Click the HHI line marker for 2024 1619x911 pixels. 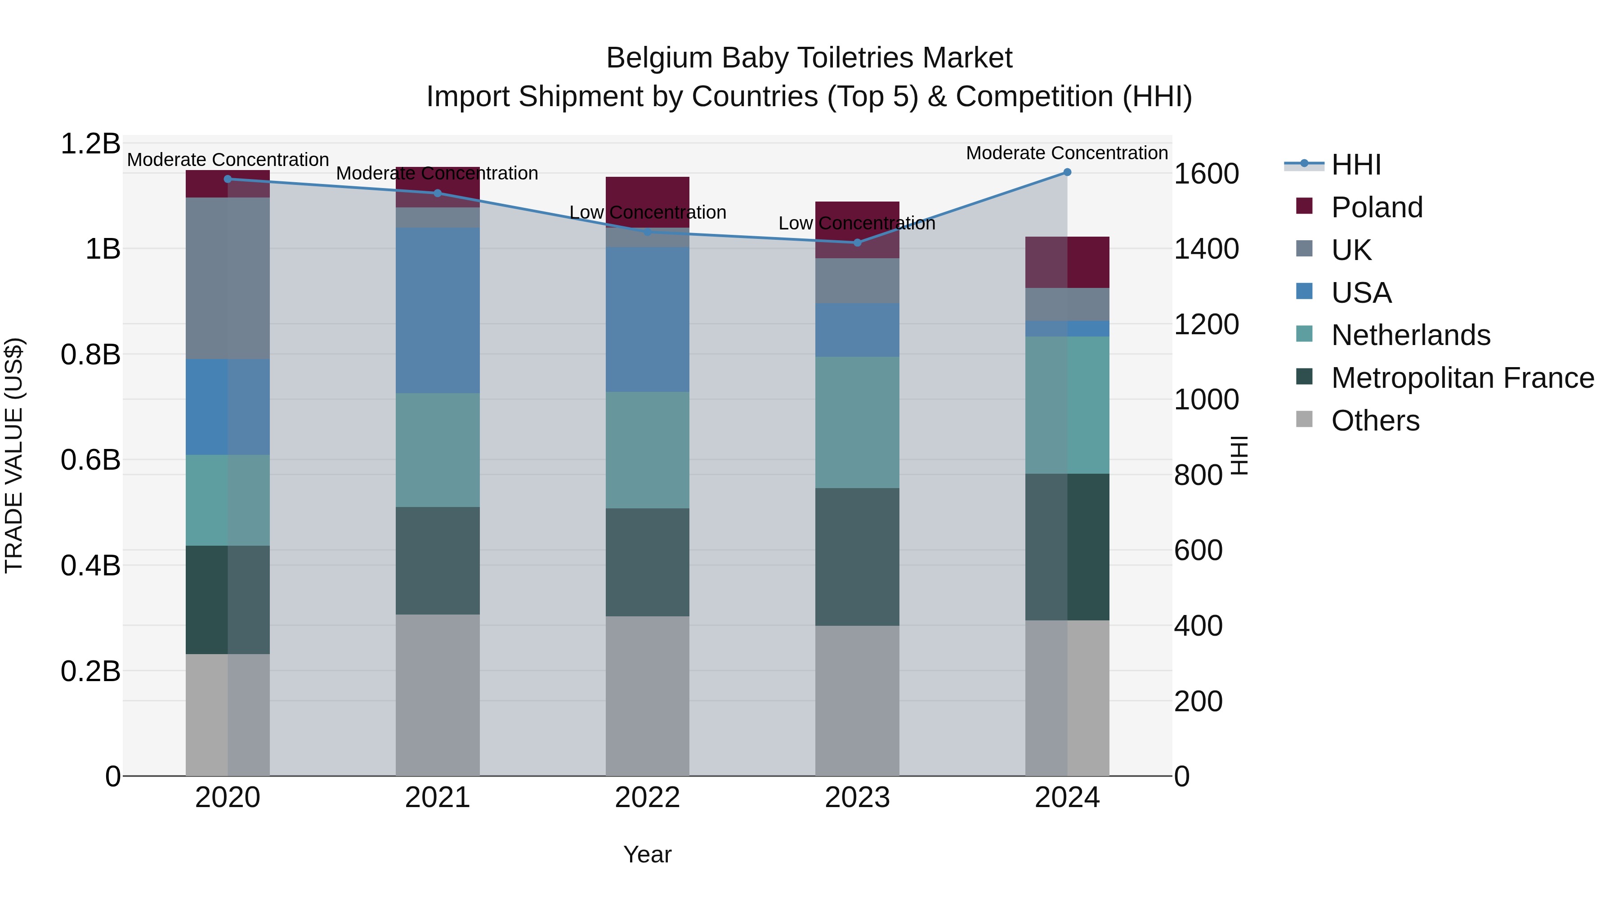[1067, 172]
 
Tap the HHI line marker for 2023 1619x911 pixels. [857, 242]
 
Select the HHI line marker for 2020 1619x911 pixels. [228, 179]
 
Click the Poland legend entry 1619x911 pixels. [1377, 207]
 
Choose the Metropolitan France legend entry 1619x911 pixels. [1462, 378]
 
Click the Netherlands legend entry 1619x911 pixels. [1410, 335]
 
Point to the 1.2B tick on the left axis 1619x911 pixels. [90, 144]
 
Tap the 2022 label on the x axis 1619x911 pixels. [647, 798]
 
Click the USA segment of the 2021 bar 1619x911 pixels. [438, 310]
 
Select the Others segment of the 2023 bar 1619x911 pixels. [857, 700]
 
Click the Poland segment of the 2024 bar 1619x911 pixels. [1067, 262]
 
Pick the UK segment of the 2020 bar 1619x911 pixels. [228, 278]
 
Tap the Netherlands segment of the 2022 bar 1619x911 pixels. [647, 450]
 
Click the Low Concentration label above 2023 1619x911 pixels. [857, 223]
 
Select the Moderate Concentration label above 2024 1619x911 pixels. [1067, 153]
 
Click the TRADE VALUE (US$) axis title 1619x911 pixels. [14, 455]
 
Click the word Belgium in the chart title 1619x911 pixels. [659, 58]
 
